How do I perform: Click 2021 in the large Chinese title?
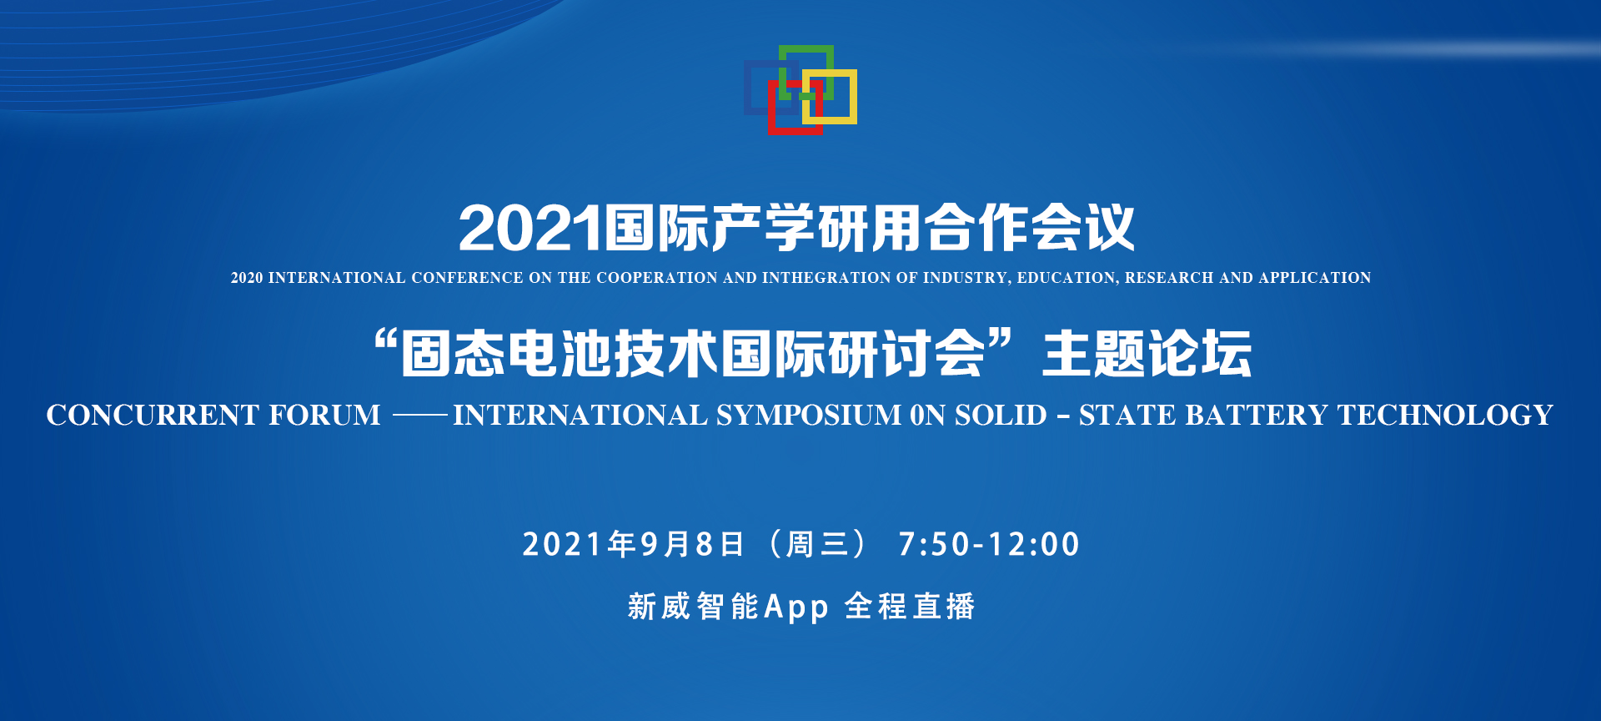529,228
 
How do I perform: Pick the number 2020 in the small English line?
247,278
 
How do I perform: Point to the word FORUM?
324,415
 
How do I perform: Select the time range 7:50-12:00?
989,544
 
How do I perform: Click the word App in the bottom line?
796,607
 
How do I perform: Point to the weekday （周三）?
817,544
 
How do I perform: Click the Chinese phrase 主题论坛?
1147,354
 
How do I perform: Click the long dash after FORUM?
420,415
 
